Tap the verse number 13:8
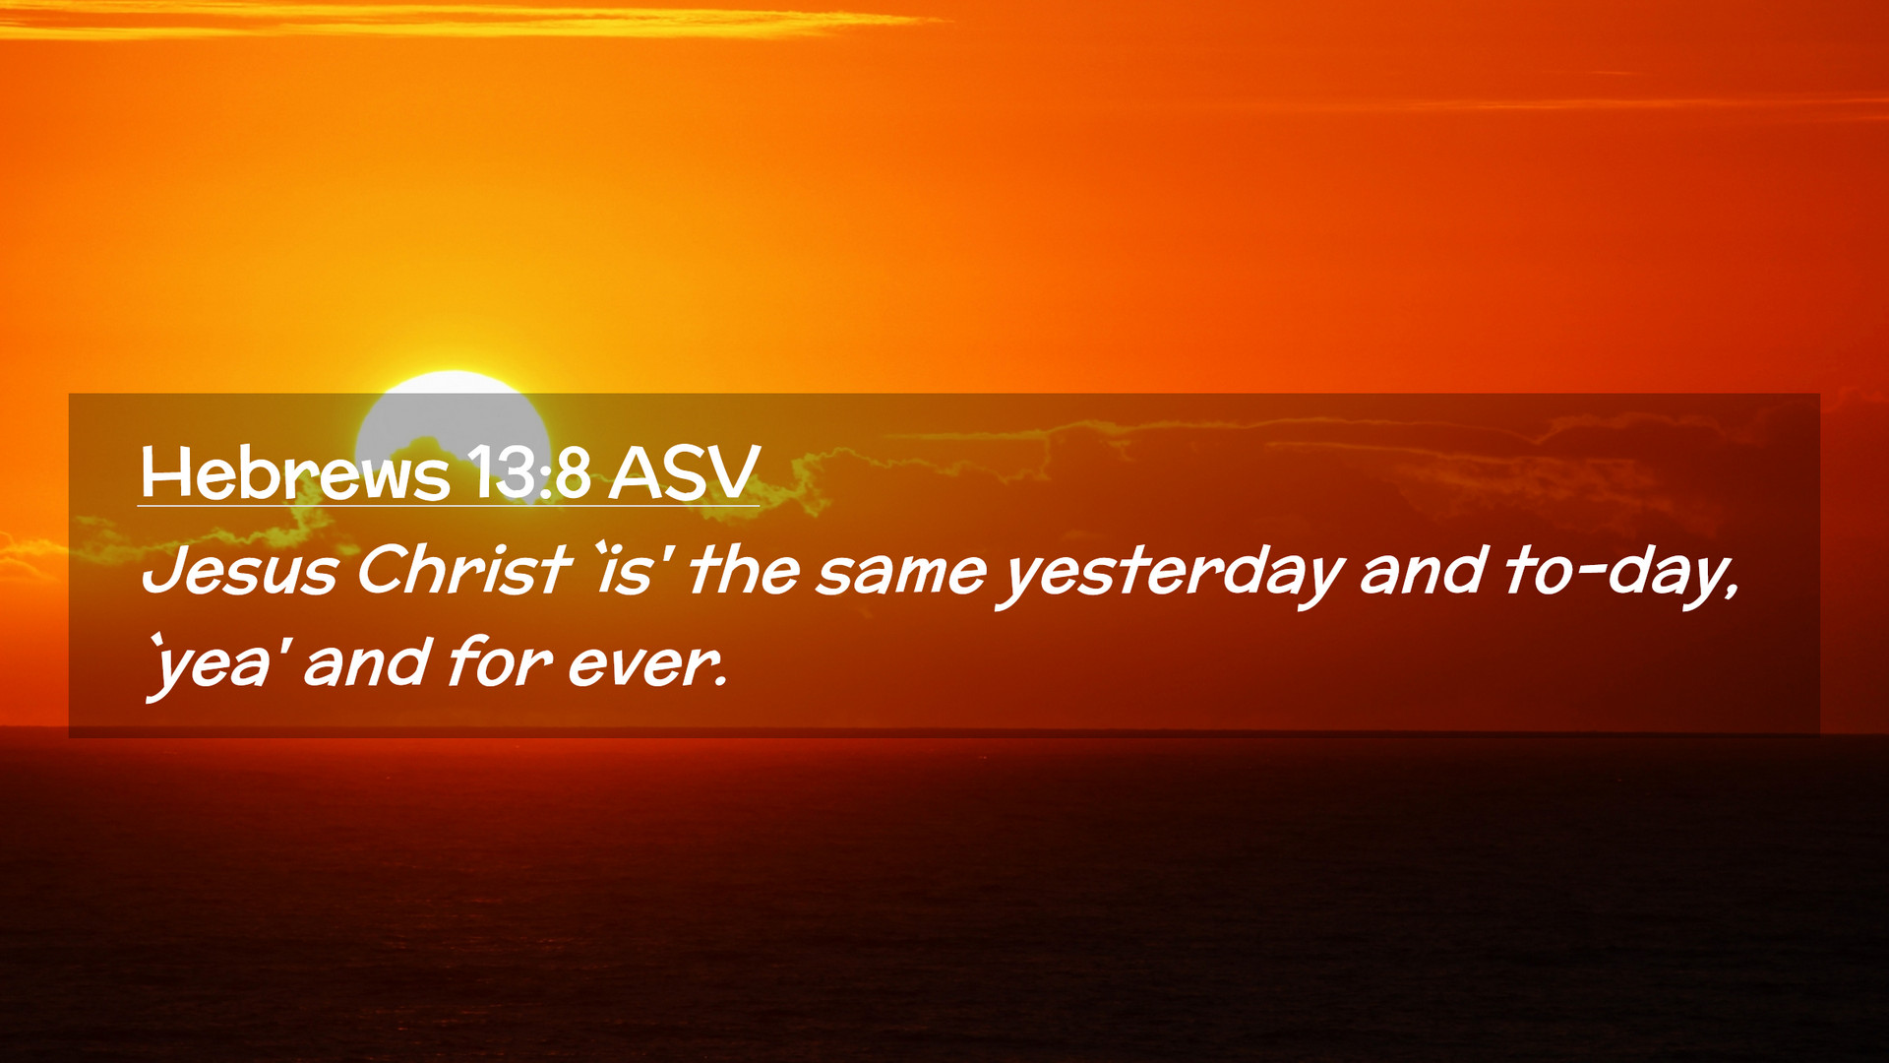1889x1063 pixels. click(529, 472)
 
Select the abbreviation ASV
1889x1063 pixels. click(684, 472)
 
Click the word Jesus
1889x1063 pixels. click(240, 571)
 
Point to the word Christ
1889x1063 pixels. click(463, 570)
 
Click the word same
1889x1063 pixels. click(901, 574)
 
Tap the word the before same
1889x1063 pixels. click(744, 570)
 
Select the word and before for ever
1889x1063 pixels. click(367, 661)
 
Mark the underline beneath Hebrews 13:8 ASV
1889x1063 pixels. click(449, 506)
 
